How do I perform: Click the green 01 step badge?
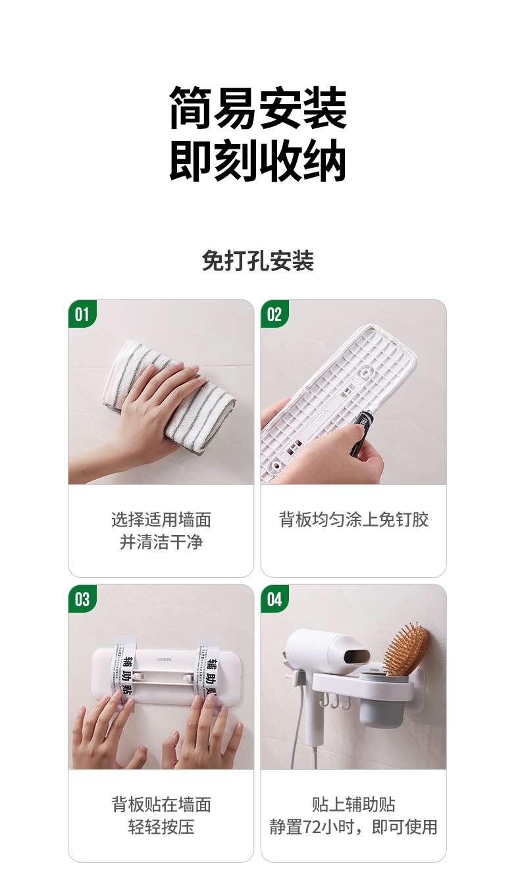(82, 314)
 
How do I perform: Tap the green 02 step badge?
(274, 314)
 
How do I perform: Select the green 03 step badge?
(82, 599)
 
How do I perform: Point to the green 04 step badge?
(274, 599)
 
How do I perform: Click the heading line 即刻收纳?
(258, 161)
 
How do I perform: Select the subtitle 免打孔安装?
(258, 261)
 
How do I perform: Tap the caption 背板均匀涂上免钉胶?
(353, 520)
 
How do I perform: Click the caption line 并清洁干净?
(161, 542)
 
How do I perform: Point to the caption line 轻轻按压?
(161, 827)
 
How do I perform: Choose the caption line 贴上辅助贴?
(353, 804)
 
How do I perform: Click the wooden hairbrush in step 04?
(406, 648)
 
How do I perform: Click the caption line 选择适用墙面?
(161, 520)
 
